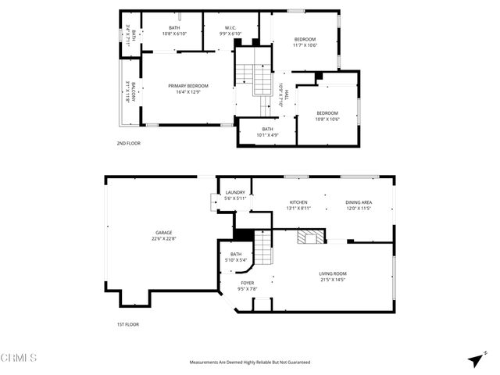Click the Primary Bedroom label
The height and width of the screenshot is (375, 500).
(x=185, y=86)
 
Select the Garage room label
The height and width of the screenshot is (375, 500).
(x=163, y=232)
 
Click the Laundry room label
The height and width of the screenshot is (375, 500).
(x=235, y=192)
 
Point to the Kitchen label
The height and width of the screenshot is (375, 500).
(x=298, y=202)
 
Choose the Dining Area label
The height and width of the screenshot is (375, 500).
(x=359, y=202)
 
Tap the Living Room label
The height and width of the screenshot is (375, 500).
(x=333, y=273)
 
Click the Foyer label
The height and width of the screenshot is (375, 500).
(x=247, y=282)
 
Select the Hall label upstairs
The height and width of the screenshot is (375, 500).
(x=286, y=95)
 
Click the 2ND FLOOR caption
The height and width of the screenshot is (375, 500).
(x=129, y=144)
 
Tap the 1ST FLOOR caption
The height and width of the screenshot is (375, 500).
(x=128, y=323)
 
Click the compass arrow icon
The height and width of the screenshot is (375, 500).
(x=475, y=359)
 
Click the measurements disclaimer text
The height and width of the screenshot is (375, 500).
(x=250, y=362)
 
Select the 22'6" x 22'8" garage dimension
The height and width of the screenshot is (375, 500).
(x=163, y=239)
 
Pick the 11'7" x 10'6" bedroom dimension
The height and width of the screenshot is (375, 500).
(x=305, y=45)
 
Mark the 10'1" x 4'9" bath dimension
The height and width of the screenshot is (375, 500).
(x=267, y=135)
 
